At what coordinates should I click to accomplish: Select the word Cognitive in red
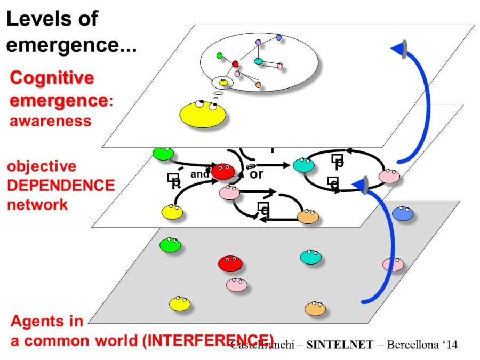point(52,78)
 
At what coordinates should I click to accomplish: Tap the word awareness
point(50,121)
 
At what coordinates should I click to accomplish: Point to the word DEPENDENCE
point(61,185)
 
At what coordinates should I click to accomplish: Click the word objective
point(42,166)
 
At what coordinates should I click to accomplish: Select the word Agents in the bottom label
point(47,321)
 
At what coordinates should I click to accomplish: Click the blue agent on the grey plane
point(403,213)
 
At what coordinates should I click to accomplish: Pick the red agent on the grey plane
point(230,263)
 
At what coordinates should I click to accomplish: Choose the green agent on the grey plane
point(170,245)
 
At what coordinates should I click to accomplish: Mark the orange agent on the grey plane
point(315,308)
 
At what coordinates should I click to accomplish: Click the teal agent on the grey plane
point(310,257)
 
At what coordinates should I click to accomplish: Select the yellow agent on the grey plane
point(179,304)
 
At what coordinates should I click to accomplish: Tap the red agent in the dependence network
point(222,172)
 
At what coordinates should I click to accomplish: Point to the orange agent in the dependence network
point(308,216)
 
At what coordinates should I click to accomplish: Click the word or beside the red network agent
point(257,174)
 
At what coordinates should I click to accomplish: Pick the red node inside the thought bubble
point(235,64)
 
